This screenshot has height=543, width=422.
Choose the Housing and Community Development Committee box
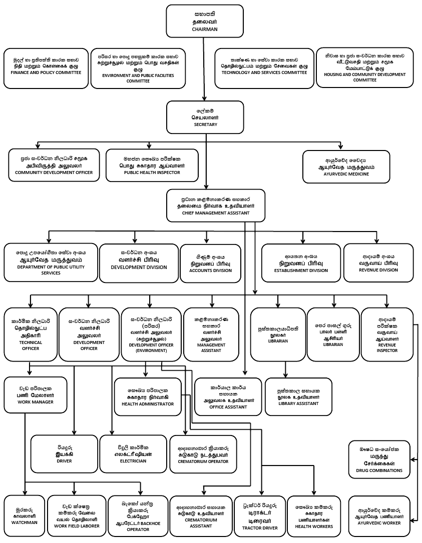[368, 67]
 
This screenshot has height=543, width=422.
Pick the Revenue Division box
[378, 262]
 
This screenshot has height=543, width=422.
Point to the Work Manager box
[35, 394]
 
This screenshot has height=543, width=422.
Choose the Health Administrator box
[148, 397]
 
